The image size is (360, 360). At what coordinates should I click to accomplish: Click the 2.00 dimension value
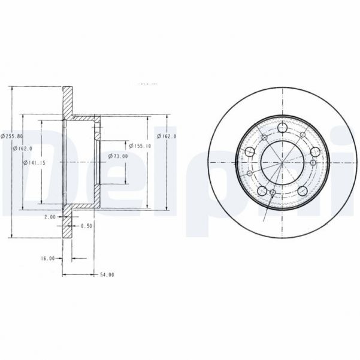(50, 217)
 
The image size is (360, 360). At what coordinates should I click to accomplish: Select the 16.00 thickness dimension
(49, 258)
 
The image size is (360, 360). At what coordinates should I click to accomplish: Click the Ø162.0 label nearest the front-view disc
(170, 137)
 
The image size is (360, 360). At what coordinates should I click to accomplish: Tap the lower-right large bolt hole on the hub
(304, 191)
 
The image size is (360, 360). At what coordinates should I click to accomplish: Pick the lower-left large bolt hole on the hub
(261, 192)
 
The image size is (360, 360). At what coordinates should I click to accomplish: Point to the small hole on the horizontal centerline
(314, 162)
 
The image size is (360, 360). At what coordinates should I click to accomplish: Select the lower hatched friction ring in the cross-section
(68, 222)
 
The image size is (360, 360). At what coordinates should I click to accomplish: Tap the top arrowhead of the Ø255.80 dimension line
(13, 88)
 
